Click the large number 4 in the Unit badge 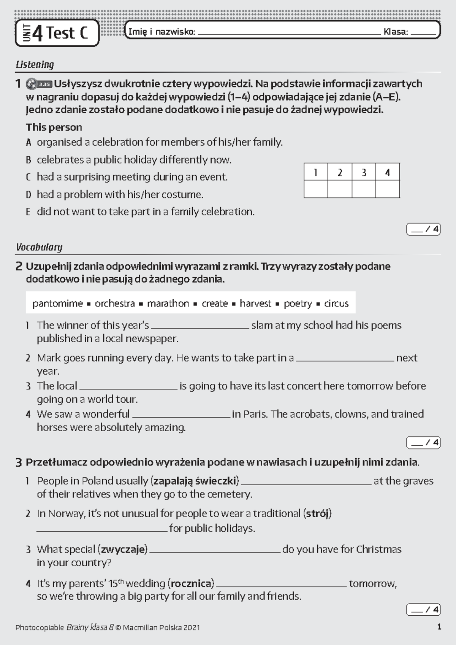point(37,33)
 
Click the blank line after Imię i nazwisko point(289,33)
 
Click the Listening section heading point(35,64)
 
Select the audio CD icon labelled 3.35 point(39,84)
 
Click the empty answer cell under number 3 point(364,189)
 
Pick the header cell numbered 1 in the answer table point(316,173)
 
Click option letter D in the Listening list point(28,195)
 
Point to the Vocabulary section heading point(39,247)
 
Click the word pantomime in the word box point(57,303)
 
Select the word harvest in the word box point(255,303)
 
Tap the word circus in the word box point(336,303)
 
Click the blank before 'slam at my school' point(200,326)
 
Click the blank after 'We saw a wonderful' point(181,415)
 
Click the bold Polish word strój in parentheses point(317,513)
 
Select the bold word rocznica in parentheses point(192,583)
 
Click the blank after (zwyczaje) point(215,551)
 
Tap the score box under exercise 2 point(423,443)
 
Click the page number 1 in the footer point(439,627)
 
